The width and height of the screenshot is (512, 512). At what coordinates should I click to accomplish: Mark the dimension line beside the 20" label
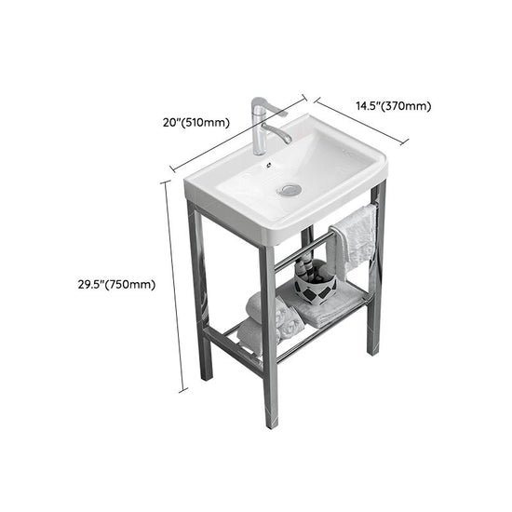pos(238,132)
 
